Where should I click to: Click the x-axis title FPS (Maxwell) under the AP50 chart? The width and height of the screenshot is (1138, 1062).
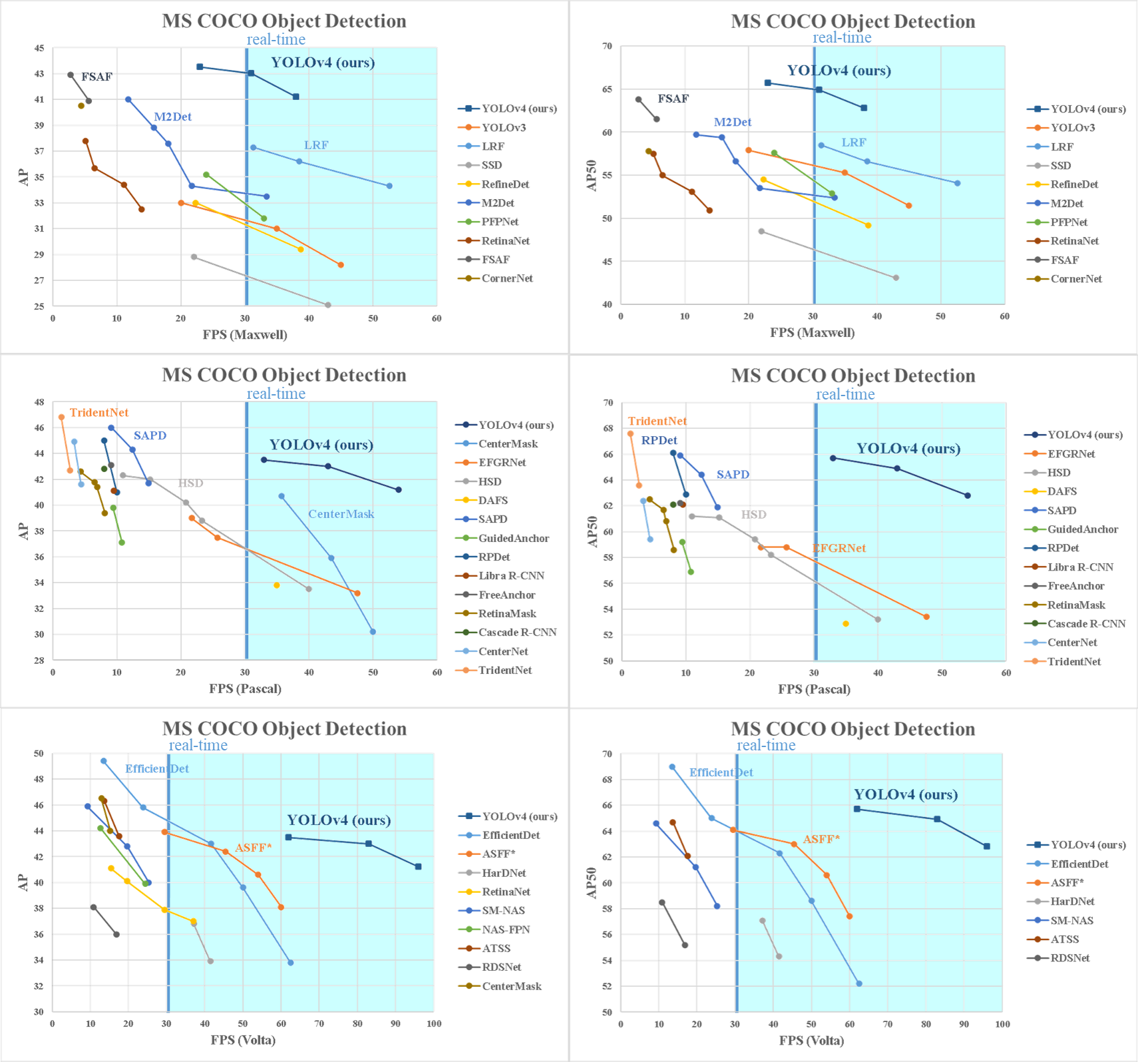812,332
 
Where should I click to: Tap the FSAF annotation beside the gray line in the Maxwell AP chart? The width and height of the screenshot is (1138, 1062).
96,77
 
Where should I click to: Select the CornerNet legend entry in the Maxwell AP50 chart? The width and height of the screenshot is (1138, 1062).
1075,279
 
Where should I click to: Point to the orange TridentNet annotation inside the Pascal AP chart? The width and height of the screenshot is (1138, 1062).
98,413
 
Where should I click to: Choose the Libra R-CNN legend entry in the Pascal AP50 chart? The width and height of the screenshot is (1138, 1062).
1080,567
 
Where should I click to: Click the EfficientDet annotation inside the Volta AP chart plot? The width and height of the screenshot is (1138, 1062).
157,768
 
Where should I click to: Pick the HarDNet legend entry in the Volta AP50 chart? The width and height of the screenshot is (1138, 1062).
1072,902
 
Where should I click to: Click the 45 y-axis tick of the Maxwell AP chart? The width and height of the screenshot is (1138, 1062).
39,49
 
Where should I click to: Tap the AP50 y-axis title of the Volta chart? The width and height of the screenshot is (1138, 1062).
591,883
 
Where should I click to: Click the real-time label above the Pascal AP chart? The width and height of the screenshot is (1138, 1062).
276,394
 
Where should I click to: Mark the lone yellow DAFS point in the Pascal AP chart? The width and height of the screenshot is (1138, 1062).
277,585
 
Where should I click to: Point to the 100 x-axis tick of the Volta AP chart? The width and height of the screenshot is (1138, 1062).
434,1023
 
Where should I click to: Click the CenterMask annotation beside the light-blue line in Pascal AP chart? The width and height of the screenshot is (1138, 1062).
341,514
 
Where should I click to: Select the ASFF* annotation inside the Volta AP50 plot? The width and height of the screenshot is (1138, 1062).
821,839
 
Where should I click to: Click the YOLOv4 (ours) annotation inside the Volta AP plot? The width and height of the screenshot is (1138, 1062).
339,820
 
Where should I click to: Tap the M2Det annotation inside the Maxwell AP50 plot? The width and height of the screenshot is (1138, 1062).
732,122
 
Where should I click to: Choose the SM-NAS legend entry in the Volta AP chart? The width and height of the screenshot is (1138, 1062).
503,911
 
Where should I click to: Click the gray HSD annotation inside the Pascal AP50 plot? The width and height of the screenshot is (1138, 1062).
753,515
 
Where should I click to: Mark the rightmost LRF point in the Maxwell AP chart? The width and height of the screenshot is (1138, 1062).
389,186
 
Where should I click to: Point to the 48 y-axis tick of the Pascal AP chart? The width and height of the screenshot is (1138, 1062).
39,402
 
